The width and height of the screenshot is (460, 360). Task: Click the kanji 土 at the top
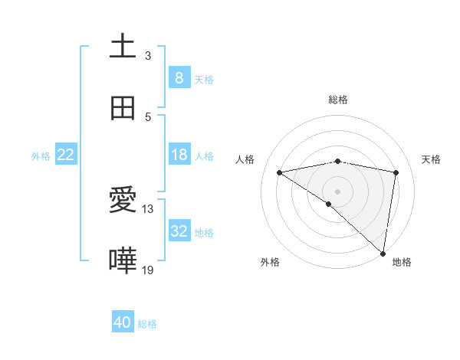[123, 46]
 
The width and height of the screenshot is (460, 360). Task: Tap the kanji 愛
[123, 201]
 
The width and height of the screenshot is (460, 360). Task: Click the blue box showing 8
[179, 77]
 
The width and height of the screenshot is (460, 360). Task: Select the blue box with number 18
[179, 155]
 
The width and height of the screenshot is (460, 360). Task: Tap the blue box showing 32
[179, 231]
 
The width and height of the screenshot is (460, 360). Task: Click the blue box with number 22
[66, 155]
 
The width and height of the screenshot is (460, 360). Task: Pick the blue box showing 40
[123, 322]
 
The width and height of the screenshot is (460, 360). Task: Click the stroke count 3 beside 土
[148, 56]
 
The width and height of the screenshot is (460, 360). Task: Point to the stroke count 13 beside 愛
[148, 209]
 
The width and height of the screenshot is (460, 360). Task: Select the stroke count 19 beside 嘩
[148, 270]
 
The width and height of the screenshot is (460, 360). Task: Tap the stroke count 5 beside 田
[148, 117]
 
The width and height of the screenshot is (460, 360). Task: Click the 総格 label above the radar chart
[338, 100]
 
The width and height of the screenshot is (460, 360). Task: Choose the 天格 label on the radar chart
[431, 159]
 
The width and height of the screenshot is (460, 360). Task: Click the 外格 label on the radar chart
[269, 262]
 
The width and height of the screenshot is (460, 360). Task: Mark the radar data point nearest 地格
[383, 253]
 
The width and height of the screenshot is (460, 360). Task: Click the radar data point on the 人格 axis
[280, 172]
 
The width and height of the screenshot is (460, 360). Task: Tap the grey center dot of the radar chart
[338, 191]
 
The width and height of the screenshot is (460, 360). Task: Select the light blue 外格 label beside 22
[41, 155]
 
